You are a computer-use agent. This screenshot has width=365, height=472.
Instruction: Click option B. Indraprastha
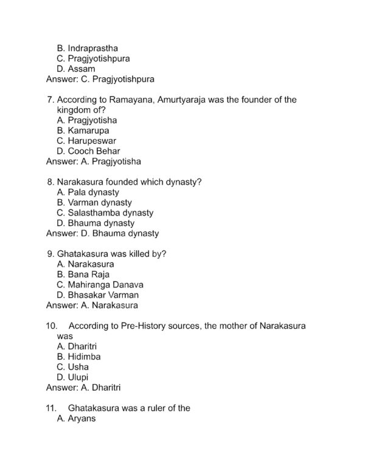point(87,47)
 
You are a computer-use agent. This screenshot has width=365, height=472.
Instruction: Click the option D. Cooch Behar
point(88,151)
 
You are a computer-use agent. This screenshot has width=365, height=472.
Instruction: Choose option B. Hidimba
point(78,357)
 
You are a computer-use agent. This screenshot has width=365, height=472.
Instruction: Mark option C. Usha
point(72,367)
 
